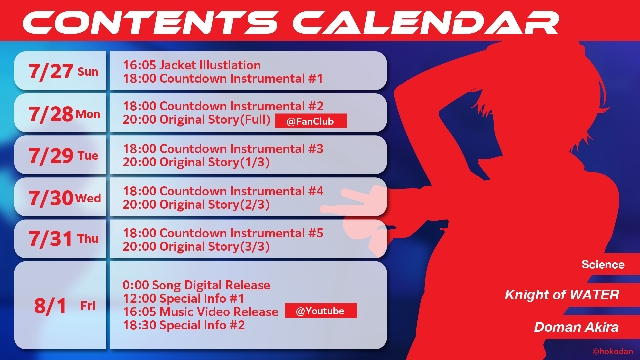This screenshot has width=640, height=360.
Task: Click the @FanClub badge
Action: (x=311, y=121)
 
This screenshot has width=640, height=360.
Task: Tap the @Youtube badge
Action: (x=321, y=311)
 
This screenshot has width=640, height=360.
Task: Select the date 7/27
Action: (x=51, y=72)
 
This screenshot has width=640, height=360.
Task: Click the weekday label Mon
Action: (x=88, y=114)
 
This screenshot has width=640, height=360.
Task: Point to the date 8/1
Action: (x=50, y=306)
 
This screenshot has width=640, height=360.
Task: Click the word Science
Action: (x=603, y=264)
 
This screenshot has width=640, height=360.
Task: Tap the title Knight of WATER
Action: (x=562, y=295)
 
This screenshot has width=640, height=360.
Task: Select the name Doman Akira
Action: (x=576, y=327)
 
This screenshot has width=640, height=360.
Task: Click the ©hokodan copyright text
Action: (x=613, y=352)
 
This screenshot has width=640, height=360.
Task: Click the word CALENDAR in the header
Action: (x=426, y=22)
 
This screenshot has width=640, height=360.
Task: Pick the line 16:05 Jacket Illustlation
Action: (x=192, y=65)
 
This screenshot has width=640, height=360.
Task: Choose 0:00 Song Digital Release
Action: (x=196, y=285)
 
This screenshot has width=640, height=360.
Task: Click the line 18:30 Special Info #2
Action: (x=184, y=325)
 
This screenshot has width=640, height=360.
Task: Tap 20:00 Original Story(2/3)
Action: (x=196, y=204)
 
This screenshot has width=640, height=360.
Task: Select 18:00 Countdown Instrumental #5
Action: (x=223, y=233)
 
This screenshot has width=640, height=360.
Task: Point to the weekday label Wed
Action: (x=88, y=198)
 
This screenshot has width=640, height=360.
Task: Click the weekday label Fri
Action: (x=88, y=306)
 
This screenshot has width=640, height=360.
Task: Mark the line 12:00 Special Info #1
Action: (x=184, y=298)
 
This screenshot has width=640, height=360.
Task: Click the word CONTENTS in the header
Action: (x=150, y=22)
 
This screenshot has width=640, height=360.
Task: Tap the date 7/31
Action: (x=51, y=239)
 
